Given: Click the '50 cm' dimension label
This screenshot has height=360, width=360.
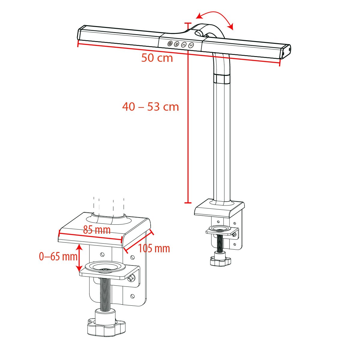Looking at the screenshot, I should tap(157, 58).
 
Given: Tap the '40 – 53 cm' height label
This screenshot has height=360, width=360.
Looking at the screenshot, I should tap(150, 107).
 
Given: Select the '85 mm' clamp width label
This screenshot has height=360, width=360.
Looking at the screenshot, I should tap(97, 230).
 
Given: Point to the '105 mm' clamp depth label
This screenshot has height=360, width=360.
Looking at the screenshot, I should tap(154, 248).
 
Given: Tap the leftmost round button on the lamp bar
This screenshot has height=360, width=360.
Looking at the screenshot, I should tap(170, 43).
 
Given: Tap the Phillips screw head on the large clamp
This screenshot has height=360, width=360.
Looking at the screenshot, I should tap(131, 279).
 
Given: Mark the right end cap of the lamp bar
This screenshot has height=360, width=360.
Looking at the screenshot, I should tap(286, 52).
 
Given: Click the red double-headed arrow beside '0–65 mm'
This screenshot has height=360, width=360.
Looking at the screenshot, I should tap(79, 257).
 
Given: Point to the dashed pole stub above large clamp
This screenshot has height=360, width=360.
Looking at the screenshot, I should tap(109, 205).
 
